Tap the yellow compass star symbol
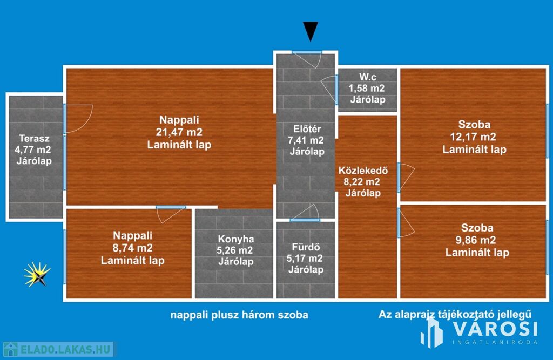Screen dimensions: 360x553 coord(37,274)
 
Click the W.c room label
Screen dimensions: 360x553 coord(367,77)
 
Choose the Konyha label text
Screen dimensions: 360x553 coord(236,239)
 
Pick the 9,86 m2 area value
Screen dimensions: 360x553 coord(477,240)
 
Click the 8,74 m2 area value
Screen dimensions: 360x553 coord(133,248)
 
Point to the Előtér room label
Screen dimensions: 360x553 coord(307,129)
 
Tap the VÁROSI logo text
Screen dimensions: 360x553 coord(495,329)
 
